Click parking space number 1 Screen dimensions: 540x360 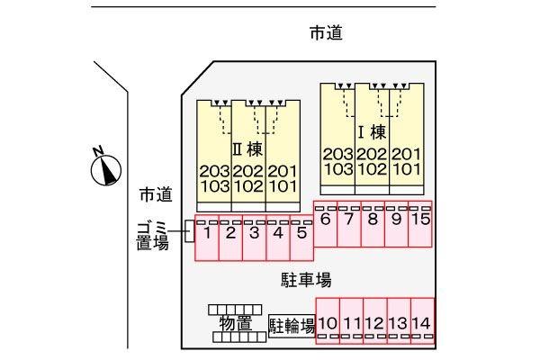point(207,238)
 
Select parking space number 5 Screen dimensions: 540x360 point(302,238)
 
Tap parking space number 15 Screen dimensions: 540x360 point(420,224)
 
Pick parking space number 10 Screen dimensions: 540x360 point(328,321)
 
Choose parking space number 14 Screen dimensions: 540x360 point(422,321)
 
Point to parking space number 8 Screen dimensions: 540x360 point(373,224)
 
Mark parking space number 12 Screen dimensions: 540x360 point(375,321)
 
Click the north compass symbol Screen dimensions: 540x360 point(106,167)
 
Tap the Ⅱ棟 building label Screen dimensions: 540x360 point(247,149)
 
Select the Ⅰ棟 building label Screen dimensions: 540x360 point(372,132)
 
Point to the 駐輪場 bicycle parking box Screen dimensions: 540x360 point(292,326)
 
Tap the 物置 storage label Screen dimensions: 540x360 point(236,324)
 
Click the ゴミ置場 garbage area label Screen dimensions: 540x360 point(153,237)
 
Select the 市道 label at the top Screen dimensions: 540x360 point(326,33)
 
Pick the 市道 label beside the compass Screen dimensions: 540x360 point(156,194)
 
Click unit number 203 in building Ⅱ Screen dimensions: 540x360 point(214,171)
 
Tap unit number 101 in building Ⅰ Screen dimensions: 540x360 point(407,169)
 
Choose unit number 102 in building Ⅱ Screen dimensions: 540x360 point(248,186)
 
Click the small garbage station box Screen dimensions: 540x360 point(189,231)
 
